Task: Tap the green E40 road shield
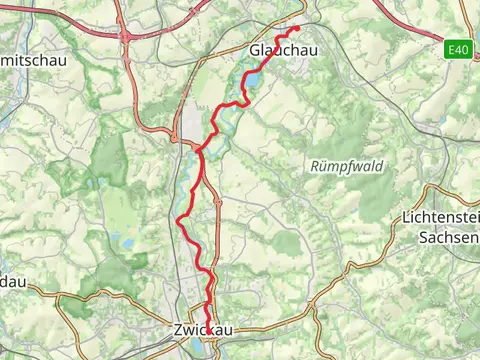point(458,47)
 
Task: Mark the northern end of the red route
point(298,27)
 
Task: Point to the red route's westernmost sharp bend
point(178,219)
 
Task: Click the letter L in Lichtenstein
point(404,217)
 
